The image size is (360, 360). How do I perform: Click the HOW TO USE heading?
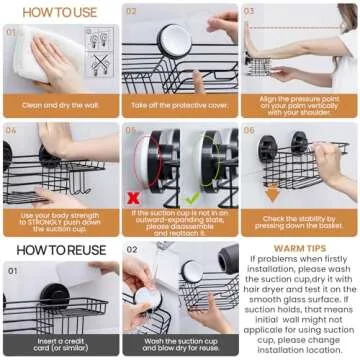point(61,12)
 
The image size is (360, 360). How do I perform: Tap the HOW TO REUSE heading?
point(59,249)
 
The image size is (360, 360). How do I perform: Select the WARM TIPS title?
point(299,246)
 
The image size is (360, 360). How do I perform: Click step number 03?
point(249,12)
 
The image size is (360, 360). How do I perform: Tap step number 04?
point(12,129)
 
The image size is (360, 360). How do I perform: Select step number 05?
point(131,129)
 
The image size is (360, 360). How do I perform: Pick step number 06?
point(249,129)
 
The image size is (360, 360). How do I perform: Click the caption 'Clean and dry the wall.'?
point(60,105)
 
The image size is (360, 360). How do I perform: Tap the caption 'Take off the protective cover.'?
point(180,105)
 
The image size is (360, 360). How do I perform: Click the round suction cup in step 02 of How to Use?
point(174,40)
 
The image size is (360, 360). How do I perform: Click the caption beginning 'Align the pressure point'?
point(299,105)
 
